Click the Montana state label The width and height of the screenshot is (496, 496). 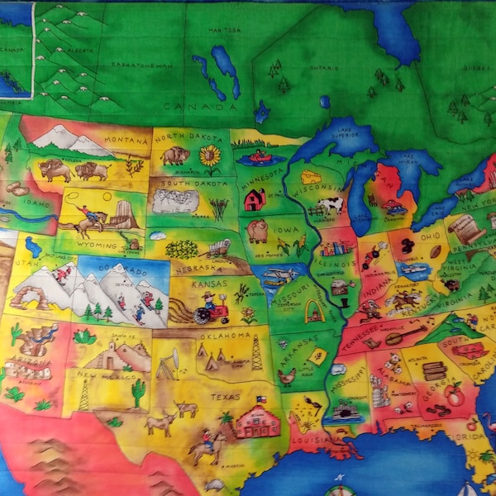tap(126, 141)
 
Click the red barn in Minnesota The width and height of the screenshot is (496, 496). tap(255, 199)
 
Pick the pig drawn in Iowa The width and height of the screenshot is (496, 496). tap(258, 230)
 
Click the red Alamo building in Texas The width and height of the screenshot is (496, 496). tap(257, 422)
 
